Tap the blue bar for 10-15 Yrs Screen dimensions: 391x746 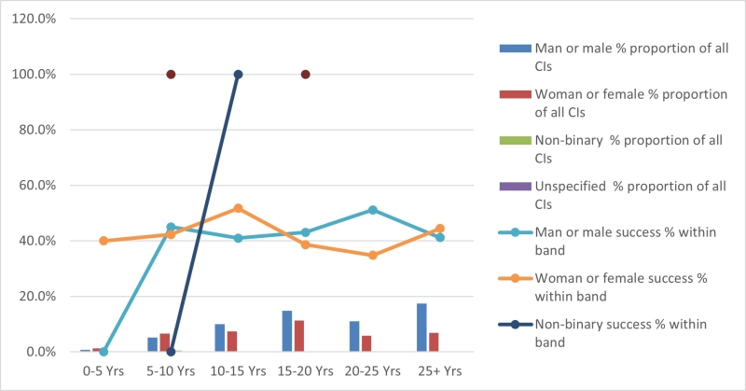click(220, 338)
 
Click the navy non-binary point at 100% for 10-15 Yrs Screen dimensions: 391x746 click(238, 75)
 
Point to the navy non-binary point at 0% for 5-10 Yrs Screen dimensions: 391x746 click(171, 352)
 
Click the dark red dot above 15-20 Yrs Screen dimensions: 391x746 click(305, 75)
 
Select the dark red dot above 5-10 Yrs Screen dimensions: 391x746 click(171, 75)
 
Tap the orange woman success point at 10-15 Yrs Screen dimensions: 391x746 click(238, 208)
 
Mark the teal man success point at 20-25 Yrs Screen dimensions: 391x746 click(372, 210)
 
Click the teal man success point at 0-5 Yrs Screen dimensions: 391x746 click(104, 352)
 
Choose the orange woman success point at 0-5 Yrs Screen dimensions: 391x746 click(104, 241)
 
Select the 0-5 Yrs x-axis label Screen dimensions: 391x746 click(104, 370)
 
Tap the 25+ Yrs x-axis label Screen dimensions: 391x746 click(439, 370)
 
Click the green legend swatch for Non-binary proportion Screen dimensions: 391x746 click(516, 141)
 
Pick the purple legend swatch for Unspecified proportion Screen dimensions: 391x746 click(516, 187)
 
